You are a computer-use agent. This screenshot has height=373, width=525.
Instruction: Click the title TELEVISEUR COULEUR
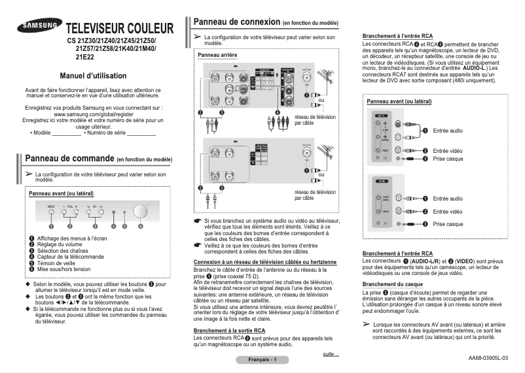click(119, 29)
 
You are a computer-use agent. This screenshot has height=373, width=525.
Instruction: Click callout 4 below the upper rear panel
click(278, 113)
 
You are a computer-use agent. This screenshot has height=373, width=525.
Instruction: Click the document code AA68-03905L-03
click(488, 357)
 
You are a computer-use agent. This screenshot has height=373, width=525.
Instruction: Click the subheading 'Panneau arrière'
click(217, 56)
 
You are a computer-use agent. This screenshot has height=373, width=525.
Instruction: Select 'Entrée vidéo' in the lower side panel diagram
click(448, 211)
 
